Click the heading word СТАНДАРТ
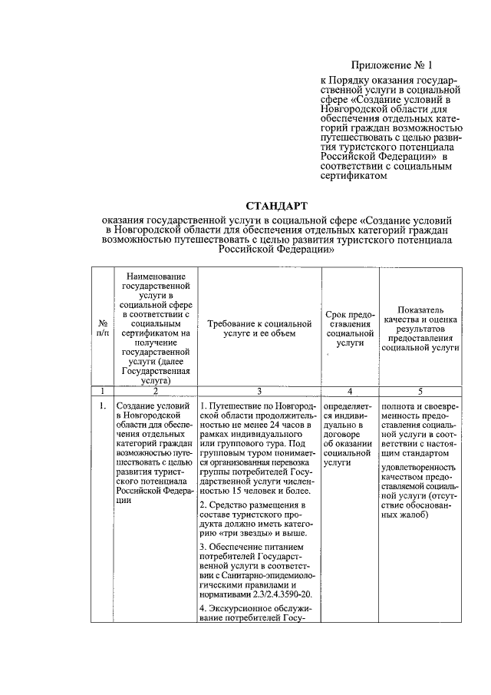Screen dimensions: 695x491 point(276,205)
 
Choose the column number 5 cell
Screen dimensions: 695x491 point(420,391)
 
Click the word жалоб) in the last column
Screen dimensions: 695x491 point(414,515)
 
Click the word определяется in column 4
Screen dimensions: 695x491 point(348,405)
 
